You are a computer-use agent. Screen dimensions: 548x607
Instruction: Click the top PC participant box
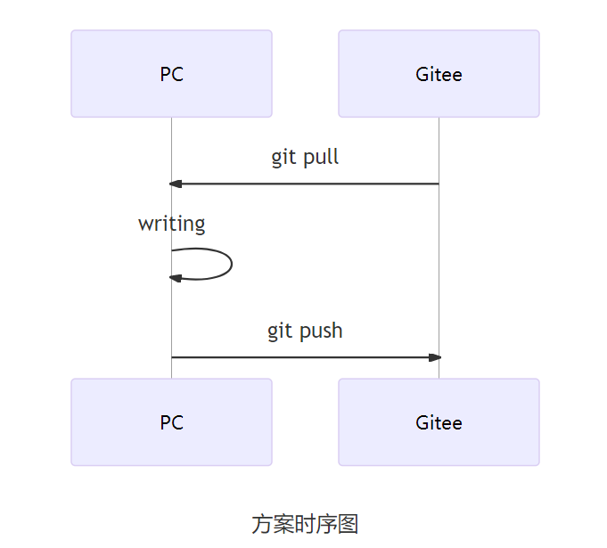pyautogui.click(x=171, y=73)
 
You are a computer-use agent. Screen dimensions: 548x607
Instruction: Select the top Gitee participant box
pyautogui.click(x=439, y=73)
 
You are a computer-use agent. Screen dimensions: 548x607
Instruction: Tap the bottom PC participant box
pyautogui.click(x=171, y=421)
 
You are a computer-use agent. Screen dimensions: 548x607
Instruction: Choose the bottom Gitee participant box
pyautogui.click(x=439, y=421)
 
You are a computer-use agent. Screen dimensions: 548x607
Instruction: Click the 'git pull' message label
pyautogui.click(x=305, y=158)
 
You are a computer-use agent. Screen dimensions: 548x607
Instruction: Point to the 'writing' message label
pyautogui.click(x=171, y=224)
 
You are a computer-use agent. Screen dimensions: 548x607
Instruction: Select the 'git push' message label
pyautogui.click(x=305, y=331)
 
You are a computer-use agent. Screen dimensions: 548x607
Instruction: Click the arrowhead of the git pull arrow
pyautogui.click(x=176, y=184)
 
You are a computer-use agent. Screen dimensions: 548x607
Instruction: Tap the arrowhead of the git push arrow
pyautogui.click(x=435, y=357)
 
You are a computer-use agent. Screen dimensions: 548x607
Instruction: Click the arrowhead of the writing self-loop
pyautogui.click(x=176, y=278)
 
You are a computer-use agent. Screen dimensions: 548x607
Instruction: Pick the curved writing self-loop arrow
pyautogui.click(x=231, y=264)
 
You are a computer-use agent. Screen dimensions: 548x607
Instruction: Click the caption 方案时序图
pyautogui.click(x=305, y=524)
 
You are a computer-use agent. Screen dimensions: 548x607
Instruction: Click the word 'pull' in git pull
pyautogui.click(x=321, y=159)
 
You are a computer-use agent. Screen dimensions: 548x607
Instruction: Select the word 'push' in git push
pyautogui.click(x=323, y=331)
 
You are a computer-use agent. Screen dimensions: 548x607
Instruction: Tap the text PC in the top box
pyautogui.click(x=171, y=74)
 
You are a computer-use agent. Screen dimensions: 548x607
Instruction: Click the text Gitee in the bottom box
pyautogui.click(x=439, y=422)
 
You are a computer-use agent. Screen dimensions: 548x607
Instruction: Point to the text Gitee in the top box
pyautogui.click(x=439, y=74)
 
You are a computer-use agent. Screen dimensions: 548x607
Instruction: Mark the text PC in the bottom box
pyautogui.click(x=171, y=422)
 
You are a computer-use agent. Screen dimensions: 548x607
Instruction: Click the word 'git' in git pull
pyautogui.click(x=283, y=159)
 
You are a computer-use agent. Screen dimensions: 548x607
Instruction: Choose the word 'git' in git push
pyautogui.click(x=280, y=331)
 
